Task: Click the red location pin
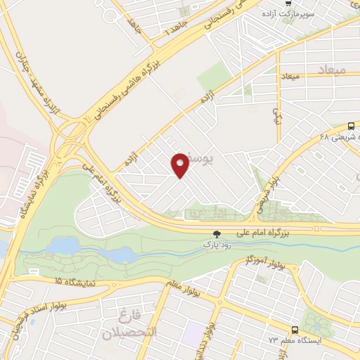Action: click(x=180, y=165)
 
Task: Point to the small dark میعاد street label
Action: click(x=290, y=75)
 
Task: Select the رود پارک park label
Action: click(x=217, y=244)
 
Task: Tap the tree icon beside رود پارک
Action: click(x=216, y=233)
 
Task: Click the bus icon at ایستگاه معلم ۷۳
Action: click(x=295, y=329)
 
